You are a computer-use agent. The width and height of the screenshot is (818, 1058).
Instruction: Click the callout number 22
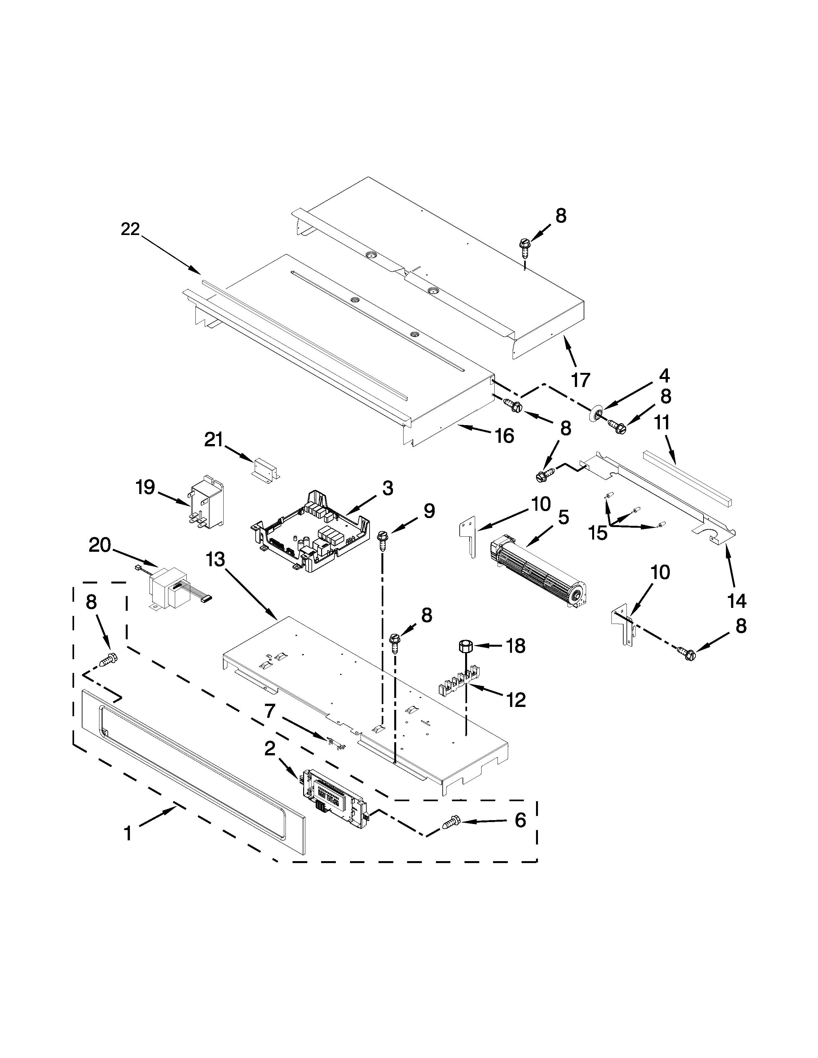pyautogui.click(x=130, y=229)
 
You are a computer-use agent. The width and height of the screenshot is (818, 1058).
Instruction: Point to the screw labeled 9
pyautogui.click(x=383, y=540)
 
